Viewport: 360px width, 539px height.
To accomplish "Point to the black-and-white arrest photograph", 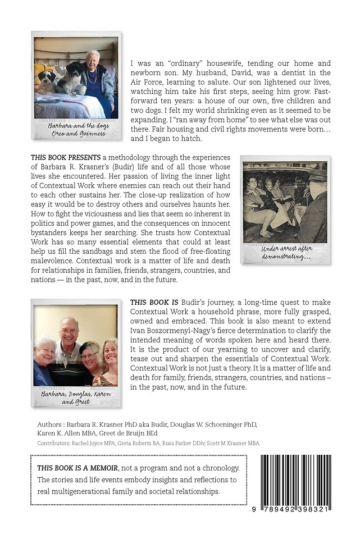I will pyautogui.click(x=284, y=202).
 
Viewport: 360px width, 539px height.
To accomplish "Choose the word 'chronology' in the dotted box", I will pyautogui.click(x=218, y=468).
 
